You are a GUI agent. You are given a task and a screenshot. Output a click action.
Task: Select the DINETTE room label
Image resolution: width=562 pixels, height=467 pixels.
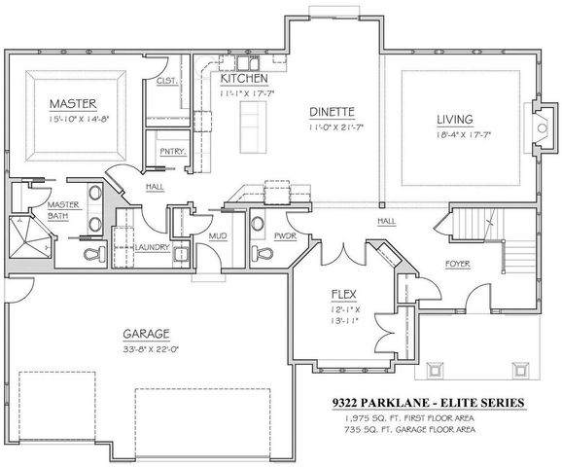pos(332,112)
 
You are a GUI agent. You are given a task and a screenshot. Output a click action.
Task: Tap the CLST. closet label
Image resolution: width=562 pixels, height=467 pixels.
pos(165,82)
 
